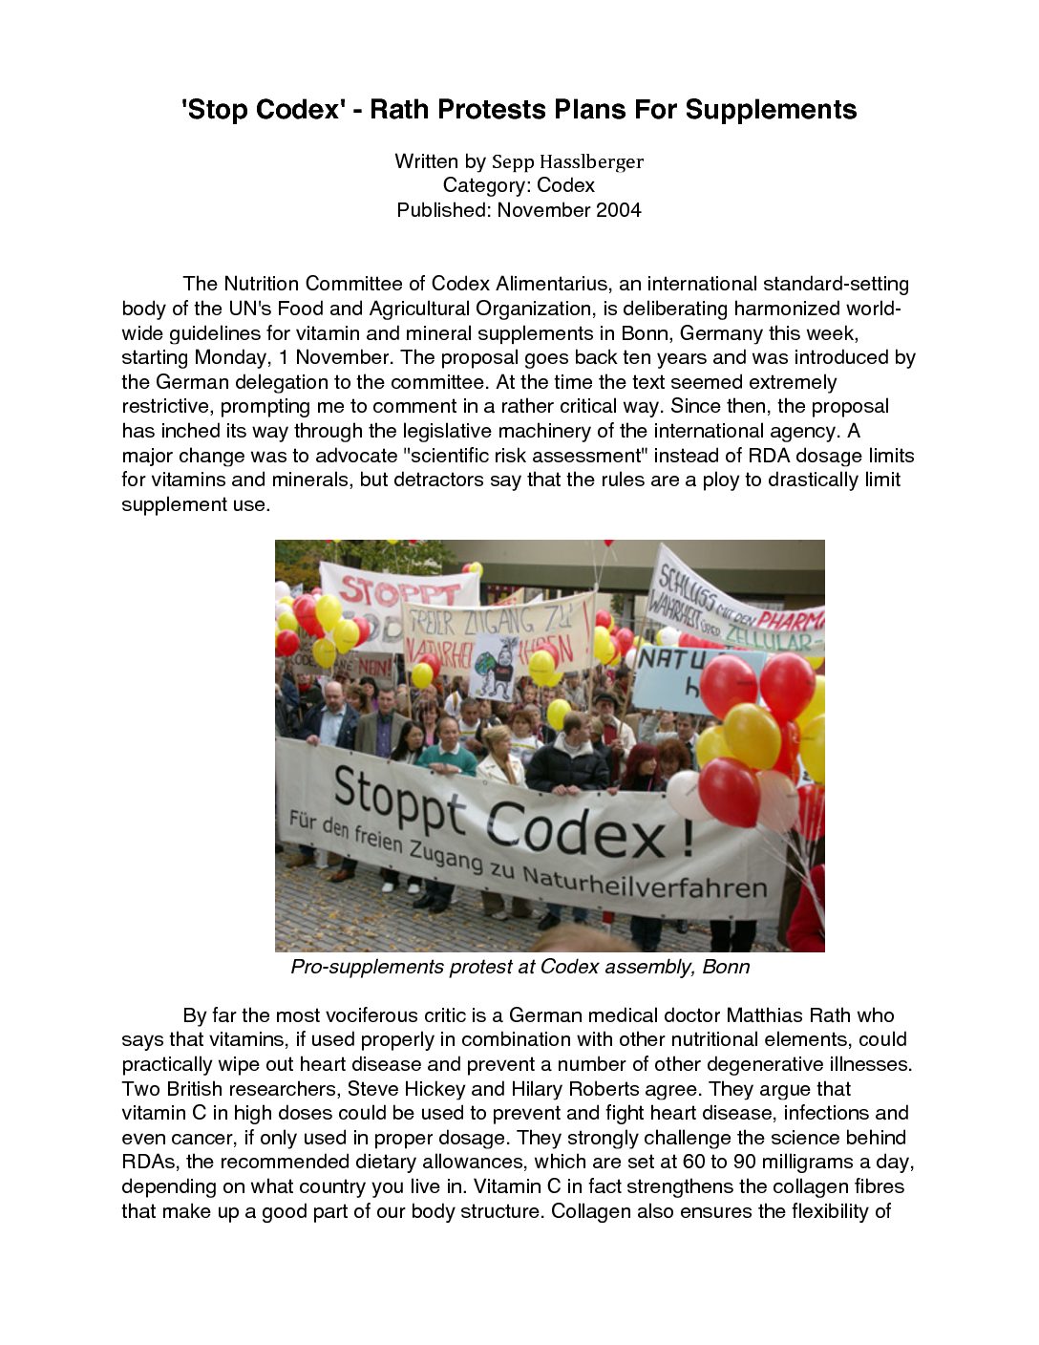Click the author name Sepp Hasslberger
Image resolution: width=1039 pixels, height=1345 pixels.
tap(567, 161)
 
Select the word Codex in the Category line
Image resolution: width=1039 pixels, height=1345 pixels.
tap(565, 185)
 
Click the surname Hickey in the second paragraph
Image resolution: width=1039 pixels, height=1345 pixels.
tap(432, 1089)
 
